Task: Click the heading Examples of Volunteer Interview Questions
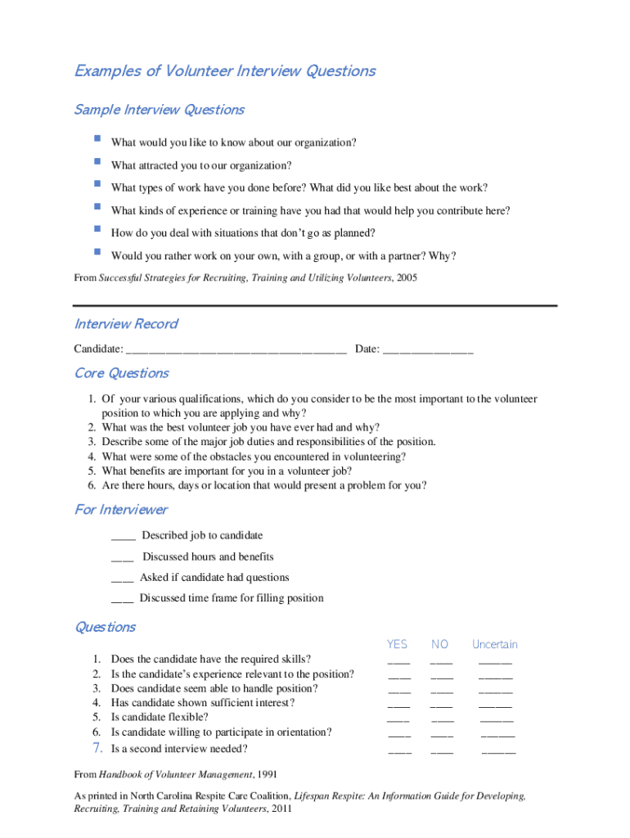click(225, 71)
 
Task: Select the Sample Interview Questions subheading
click(160, 110)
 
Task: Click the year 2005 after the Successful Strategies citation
click(406, 278)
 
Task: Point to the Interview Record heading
click(126, 324)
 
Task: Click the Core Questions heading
click(122, 373)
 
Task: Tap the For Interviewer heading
click(121, 510)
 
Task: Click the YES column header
click(397, 645)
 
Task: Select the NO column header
click(440, 645)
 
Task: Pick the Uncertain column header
click(495, 645)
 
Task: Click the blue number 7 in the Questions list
click(97, 748)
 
